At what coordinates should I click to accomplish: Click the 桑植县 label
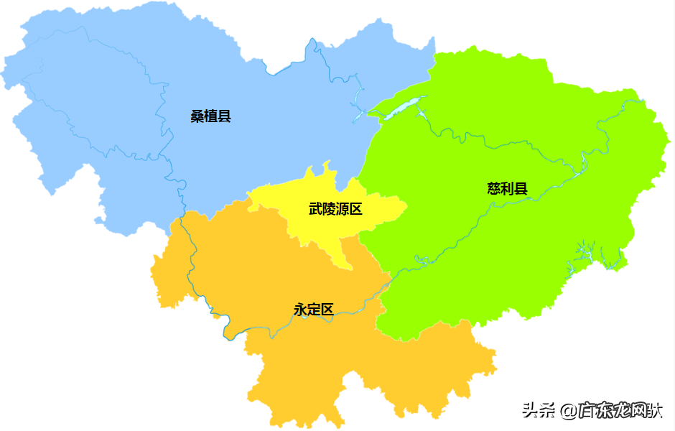click(210, 116)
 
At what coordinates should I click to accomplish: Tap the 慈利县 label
click(508, 190)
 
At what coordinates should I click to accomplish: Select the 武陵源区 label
click(335, 209)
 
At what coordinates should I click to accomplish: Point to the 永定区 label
click(314, 310)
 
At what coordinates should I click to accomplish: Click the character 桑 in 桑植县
click(197, 116)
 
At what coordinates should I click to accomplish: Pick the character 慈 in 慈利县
click(494, 190)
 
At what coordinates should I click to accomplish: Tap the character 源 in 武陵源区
click(342, 209)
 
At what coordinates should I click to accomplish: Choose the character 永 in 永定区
click(300, 310)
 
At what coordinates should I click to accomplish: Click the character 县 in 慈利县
click(521, 190)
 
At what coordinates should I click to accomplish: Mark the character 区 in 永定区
click(327, 310)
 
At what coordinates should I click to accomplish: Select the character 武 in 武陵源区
click(315, 209)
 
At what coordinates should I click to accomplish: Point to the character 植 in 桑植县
click(210, 116)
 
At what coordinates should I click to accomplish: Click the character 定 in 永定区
click(314, 310)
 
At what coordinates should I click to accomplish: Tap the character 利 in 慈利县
click(508, 190)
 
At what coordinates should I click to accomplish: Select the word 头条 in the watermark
click(539, 411)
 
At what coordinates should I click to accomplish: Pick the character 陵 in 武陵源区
click(329, 209)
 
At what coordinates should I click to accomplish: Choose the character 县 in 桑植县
click(224, 116)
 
